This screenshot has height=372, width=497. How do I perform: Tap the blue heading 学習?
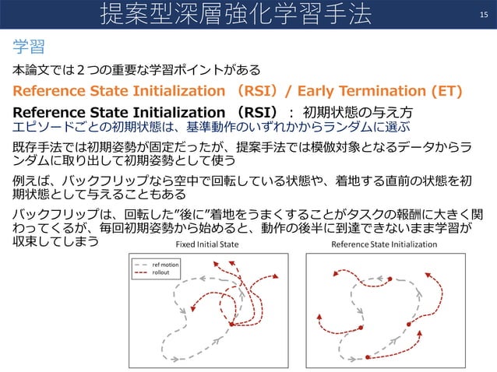28,47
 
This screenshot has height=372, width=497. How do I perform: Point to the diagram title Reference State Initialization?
384,244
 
